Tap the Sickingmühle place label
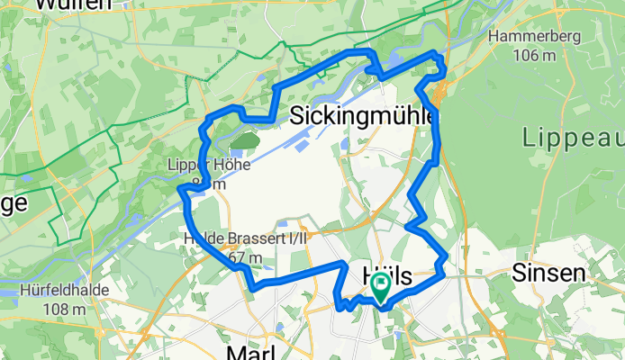coord(364,116)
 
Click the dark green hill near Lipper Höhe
coord(243,141)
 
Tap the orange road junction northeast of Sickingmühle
coord(439,93)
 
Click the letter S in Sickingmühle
coord(298,116)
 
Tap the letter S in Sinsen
coord(518,272)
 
